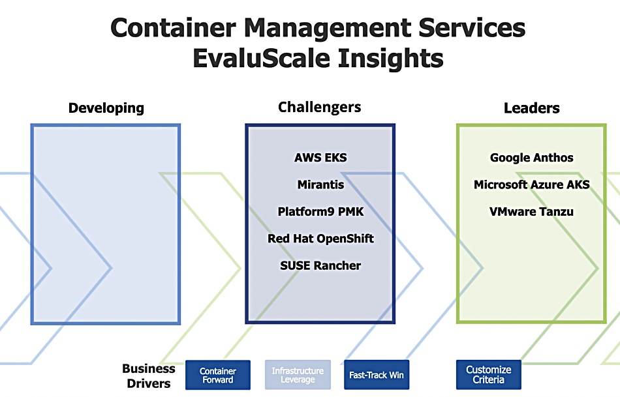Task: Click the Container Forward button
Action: [218, 375]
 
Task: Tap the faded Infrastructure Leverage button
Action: [298, 375]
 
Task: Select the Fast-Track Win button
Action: [377, 375]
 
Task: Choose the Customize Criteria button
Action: [489, 374]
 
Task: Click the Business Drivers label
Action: [149, 375]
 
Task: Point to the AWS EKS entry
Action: [320, 158]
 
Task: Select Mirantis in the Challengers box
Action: [320, 184]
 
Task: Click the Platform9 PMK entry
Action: [320, 211]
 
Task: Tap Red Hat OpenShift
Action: [320, 239]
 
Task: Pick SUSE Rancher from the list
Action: [320, 265]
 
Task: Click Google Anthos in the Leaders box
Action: [532, 158]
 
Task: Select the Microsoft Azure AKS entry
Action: [532, 184]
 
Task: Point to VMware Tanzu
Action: [531, 211]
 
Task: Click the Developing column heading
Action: [106, 108]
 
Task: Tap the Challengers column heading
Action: [320, 107]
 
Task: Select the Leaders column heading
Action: [532, 108]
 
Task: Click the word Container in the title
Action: [173, 28]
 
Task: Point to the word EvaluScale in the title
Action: [261, 59]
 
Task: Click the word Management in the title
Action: [328, 29]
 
